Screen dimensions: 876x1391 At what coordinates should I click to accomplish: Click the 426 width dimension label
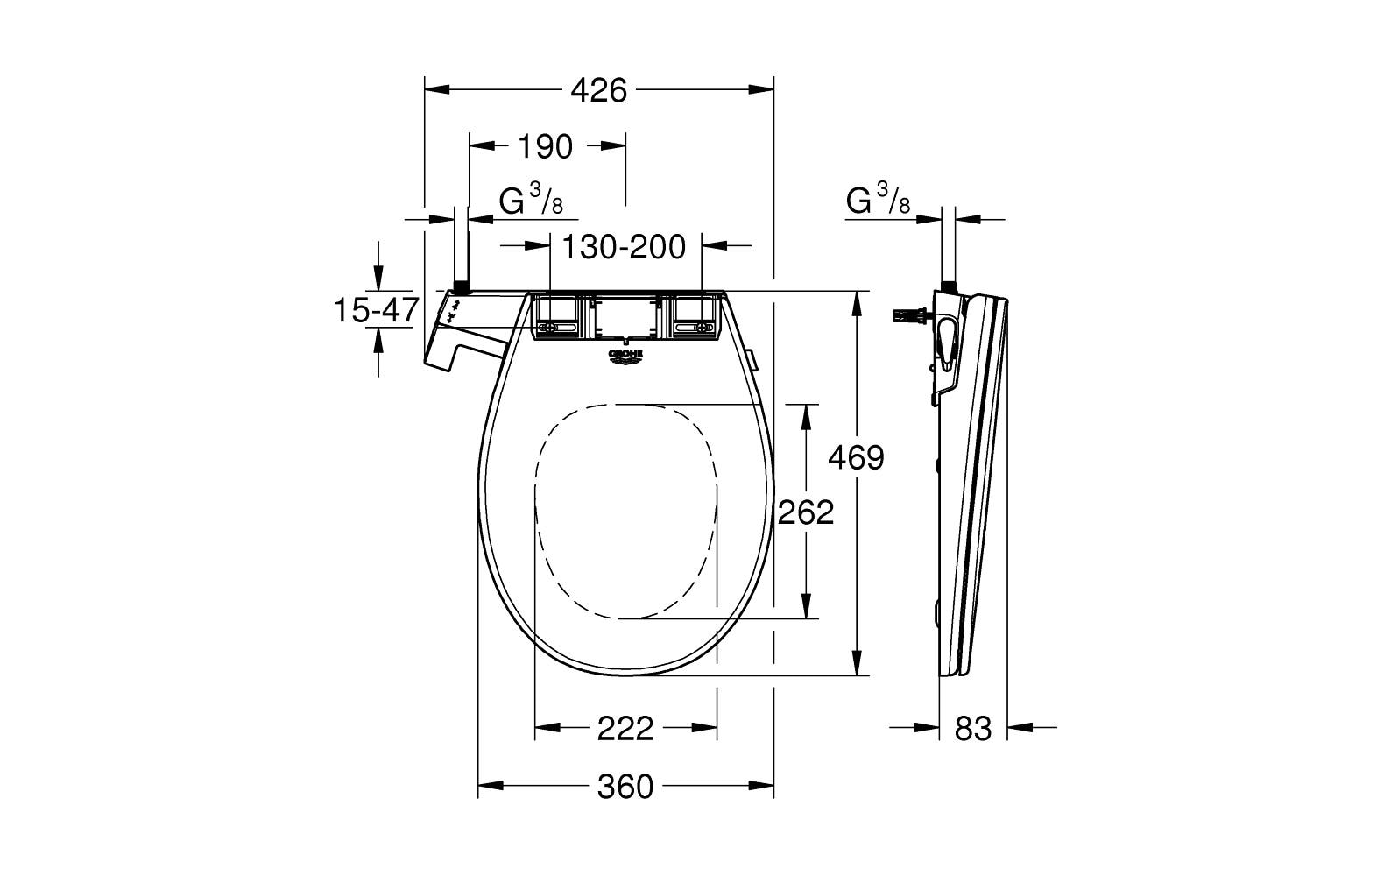(599, 89)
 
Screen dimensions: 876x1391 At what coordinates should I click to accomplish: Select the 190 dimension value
(544, 147)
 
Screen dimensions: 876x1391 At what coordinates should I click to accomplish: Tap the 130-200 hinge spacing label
(623, 247)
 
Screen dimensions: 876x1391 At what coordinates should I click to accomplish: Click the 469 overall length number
(856, 457)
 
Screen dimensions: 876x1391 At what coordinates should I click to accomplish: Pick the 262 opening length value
(805, 512)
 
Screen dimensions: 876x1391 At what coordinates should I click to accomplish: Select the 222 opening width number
(625, 728)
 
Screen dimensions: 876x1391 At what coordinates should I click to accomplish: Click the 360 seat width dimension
(625, 786)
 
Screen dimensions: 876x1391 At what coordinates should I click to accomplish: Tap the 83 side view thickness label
(972, 728)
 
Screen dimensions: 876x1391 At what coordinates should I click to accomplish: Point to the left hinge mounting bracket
(557, 316)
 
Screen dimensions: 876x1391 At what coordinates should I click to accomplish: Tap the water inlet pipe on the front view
(460, 254)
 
